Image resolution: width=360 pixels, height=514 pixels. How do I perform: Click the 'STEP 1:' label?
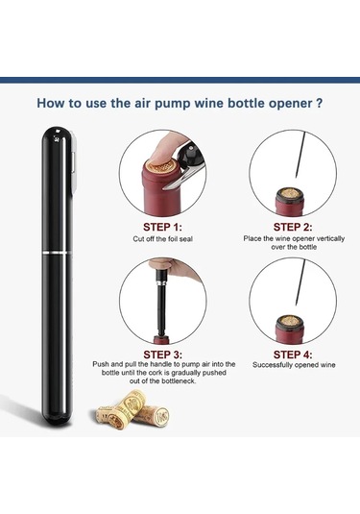point(162,227)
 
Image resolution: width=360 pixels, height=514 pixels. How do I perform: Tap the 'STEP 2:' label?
point(293,227)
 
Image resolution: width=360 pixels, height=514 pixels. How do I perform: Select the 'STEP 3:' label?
point(163,355)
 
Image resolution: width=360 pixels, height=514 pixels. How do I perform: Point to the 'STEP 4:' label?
point(293,355)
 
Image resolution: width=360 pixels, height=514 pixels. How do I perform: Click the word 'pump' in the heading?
point(172,104)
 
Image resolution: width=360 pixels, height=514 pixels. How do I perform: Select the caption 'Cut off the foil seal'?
point(163,239)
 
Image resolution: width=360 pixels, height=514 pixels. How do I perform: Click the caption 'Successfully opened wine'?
point(294,365)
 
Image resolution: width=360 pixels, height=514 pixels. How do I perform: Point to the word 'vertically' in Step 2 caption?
point(328,238)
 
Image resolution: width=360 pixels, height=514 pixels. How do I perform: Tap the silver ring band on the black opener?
point(57,252)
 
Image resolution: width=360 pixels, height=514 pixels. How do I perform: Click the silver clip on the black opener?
point(74,163)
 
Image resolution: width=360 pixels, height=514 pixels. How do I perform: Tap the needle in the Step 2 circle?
point(300,155)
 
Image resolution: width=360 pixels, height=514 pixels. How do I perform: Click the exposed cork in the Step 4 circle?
point(290,321)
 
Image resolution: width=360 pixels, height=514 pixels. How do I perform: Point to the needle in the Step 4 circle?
point(300,282)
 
